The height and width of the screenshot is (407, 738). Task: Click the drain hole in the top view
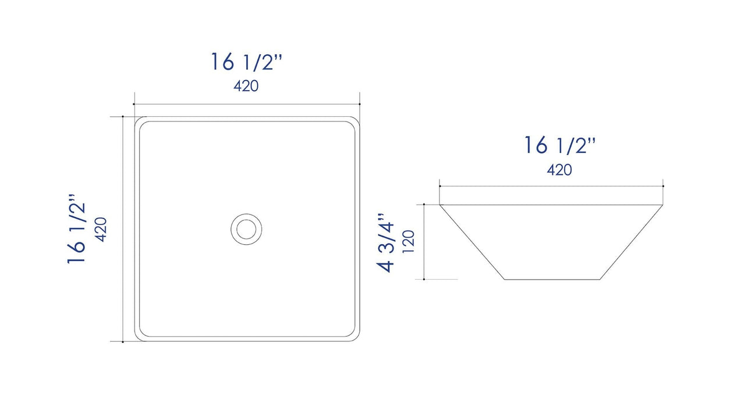click(246, 228)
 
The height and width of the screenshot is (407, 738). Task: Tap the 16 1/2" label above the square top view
click(246, 62)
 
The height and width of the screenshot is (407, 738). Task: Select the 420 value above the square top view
click(246, 87)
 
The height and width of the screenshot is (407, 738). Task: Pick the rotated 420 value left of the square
click(100, 229)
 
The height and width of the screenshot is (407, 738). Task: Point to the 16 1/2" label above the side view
click(560, 145)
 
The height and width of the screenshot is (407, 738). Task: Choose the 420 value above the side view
click(559, 170)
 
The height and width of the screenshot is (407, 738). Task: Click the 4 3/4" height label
click(386, 242)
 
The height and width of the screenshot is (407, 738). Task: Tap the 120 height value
click(409, 242)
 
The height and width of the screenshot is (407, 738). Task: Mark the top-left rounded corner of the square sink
click(140, 121)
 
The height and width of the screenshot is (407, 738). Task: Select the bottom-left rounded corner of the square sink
click(140, 336)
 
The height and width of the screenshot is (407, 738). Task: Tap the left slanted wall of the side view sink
click(471, 242)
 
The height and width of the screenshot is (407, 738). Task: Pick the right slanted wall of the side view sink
click(632, 242)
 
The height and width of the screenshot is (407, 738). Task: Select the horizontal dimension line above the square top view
click(246, 105)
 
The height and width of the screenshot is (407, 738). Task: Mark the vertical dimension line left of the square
click(123, 229)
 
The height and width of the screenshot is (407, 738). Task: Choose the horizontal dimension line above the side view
click(551, 187)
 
